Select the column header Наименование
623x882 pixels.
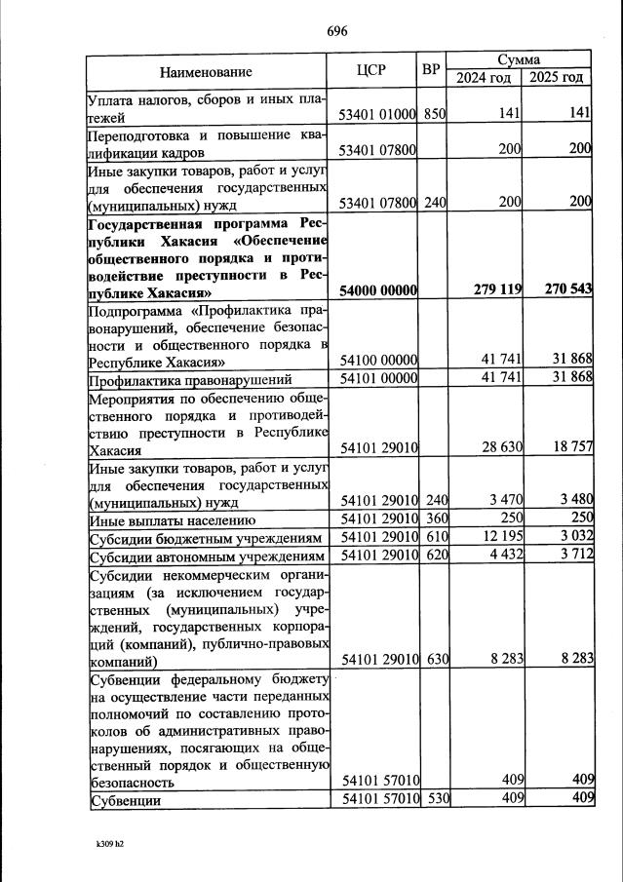(x=206, y=71)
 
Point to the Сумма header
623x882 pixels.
(x=519, y=59)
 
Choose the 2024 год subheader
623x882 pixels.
(x=485, y=78)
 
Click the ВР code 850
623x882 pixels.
(x=434, y=114)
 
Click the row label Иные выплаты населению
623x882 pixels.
(x=172, y=520)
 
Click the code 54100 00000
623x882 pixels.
(x=377, y=361)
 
